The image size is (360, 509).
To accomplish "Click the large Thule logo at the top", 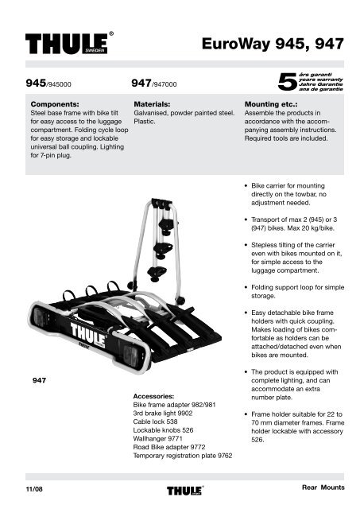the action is pyautogui.click(x=69, y=43).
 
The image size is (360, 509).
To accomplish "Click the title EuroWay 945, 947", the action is pyautogui.click(x=273, y=44).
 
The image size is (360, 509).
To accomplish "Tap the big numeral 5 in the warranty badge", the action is pyautogui.click(x=287, y=82).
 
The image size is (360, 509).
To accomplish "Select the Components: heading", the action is pyautogui.click(x=55, y=104).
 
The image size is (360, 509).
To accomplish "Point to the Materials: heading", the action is pyautogui.click(x=152, y=104).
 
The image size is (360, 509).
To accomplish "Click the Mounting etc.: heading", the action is pyautogui.click(x=271, y=104).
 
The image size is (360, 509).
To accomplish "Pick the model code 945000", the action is pyautogui.click(x=60, y=84).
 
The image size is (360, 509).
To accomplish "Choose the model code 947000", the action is pyautogui.click(x=165, y=84).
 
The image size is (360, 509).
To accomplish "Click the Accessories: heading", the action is pyautogui.click(x=153, y=396).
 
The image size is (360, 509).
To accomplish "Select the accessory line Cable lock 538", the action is pyautogui.click(x=155, y=422).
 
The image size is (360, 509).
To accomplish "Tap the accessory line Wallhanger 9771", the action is pyautogui.click(x=157, y=438).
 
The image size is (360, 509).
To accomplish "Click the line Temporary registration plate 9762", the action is pyautogui.click(x=183, y=456).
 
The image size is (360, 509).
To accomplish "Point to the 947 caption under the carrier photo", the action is pyautogui.click(x=39, y=380).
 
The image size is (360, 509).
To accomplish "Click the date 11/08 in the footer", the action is pyautogui.click(x=34, y=489).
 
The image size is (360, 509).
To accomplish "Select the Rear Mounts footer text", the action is pyautogui.click(x=323, y=488).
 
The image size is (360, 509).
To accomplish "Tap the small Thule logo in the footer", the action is pyautogui.click(x=185, y=490).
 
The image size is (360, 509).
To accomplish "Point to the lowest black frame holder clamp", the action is pyautogui.click(x=157, y=274).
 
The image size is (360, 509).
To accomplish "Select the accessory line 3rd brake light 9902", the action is pyautogui.click(x=163, y=414).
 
